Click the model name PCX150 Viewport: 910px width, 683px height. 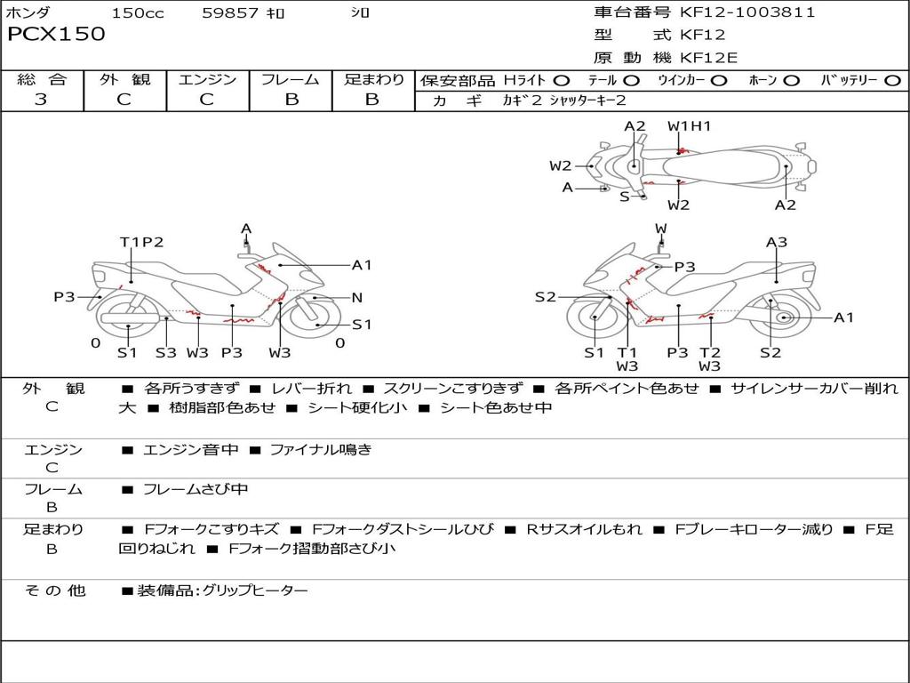[56, 35]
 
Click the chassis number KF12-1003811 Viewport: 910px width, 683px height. [747, 12]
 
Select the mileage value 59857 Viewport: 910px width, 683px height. [230, 13]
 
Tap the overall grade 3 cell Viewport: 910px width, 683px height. [41, 100]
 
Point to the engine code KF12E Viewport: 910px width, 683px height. [709, 59]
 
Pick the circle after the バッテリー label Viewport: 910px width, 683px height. [892, 81]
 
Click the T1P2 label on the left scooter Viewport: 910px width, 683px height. [141, 242]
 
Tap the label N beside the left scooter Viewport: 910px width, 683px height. [356, 298]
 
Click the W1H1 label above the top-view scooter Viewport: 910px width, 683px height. [690, 126]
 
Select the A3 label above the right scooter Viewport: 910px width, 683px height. [777, 242]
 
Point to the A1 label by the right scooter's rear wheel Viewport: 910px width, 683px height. [843, 317]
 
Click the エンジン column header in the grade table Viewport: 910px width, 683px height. [207, 79]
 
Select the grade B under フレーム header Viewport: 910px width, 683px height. [291, 100]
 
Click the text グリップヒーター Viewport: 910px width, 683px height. [255, 591]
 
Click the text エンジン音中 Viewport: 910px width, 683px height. [190, 450]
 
